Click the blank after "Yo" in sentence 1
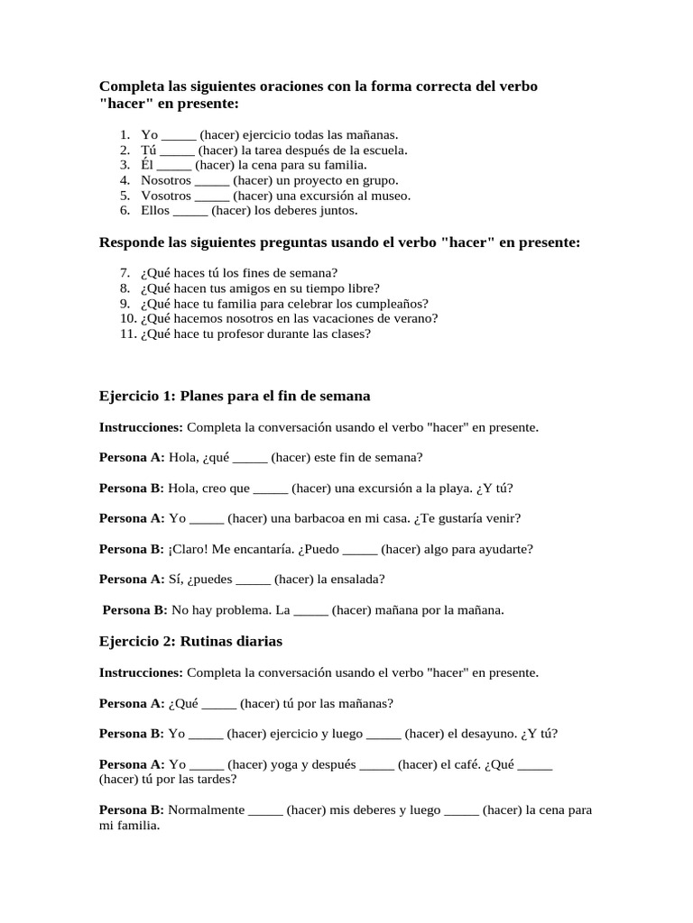[179, 135]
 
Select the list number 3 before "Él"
[125, 166]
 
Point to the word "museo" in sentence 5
[393, 196]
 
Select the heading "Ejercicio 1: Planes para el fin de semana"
[235, 397]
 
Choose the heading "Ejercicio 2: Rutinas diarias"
[190, 642]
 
